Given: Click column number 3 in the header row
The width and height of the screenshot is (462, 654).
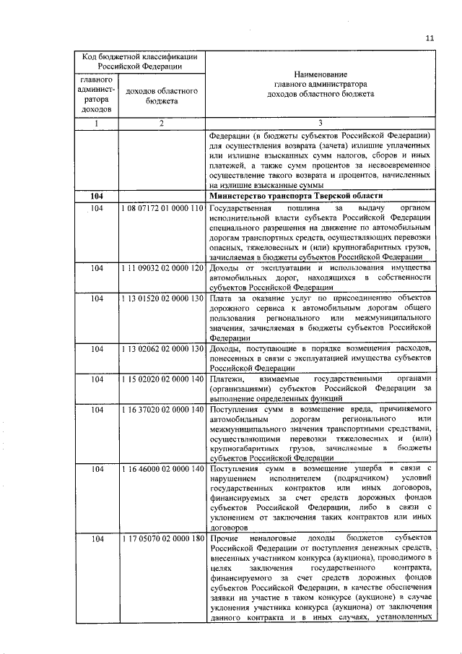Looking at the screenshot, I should click(x=320, y=124).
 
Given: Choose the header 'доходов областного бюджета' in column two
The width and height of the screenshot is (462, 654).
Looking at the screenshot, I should click(x=162, y=98).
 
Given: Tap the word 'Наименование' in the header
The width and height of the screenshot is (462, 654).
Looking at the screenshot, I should click(x=321, y=74).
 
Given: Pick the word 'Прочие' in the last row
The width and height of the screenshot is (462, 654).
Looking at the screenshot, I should click(x=224, y=540).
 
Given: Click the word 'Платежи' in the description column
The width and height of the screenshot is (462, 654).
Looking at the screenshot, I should click(x=227, y=379).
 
